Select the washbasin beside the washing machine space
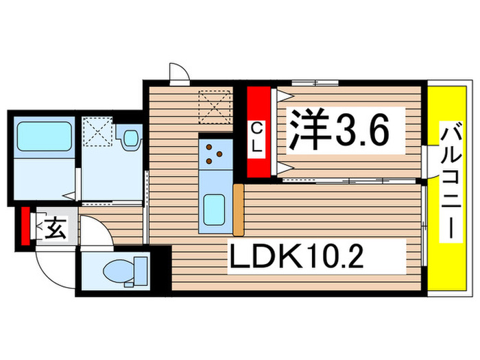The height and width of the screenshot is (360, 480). click(x=129, y=139)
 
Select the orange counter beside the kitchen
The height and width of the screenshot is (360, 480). click(x=239, y=209)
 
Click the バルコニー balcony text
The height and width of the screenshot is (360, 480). click(x=451, y=182)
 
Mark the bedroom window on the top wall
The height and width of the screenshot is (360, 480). click(x=315, y=83)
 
